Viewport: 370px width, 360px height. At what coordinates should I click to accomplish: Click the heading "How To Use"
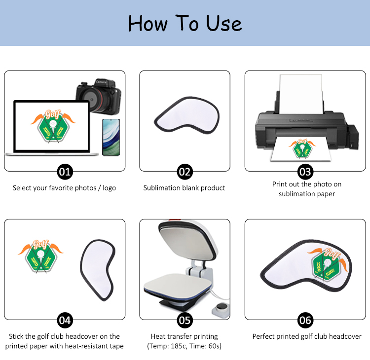[185, 23]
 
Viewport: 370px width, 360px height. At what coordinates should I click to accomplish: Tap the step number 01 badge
[65, 172]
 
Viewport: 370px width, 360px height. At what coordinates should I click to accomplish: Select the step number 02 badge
[185, 172]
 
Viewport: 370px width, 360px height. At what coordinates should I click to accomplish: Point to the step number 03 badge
[305, 172]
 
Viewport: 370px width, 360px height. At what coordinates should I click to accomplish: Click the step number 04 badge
[65, 321]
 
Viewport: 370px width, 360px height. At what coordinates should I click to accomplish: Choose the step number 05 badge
[185, 321]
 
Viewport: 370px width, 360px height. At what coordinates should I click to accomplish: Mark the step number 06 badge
[305, 321]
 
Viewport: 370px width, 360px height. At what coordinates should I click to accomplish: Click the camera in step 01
[99, 97]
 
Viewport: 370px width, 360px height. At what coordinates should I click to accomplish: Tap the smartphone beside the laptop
[111, 138]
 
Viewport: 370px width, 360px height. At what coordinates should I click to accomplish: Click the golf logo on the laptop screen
[53, 126]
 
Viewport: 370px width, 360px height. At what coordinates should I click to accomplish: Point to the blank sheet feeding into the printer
[301, 94]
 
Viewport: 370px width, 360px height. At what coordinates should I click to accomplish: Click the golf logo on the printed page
[302, 148]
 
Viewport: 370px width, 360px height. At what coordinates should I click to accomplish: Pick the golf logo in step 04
[40, 256]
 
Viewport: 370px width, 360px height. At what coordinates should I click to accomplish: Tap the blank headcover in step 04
[98, 270]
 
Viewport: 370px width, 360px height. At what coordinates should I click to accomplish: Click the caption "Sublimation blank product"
[184, 188]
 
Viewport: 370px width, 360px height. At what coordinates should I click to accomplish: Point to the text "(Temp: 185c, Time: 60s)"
[185, 346]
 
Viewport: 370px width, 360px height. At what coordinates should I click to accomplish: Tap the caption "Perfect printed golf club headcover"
[307, 336]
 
